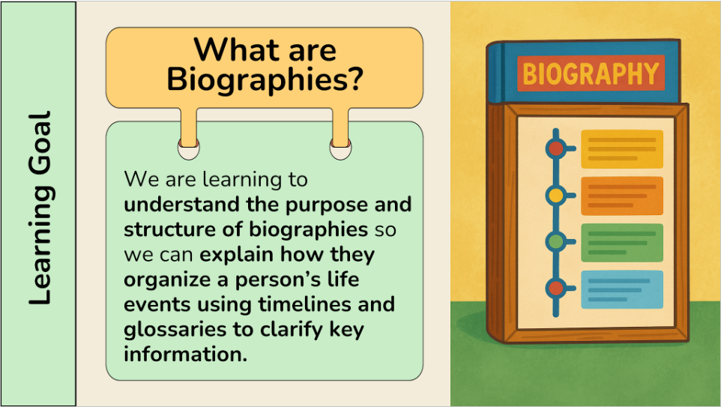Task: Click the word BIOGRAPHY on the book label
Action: [591, 74]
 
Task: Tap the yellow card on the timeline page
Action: [621, 149]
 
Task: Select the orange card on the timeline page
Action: [621, 196]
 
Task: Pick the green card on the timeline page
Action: [621, 243]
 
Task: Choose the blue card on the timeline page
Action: [621, 289]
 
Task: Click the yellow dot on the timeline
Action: [556, 196]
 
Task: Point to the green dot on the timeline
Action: [556, 241]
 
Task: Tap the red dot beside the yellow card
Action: [556, 148]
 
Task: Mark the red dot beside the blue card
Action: [556, 289]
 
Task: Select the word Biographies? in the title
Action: [265, 79]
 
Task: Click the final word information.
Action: [186, 354]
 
